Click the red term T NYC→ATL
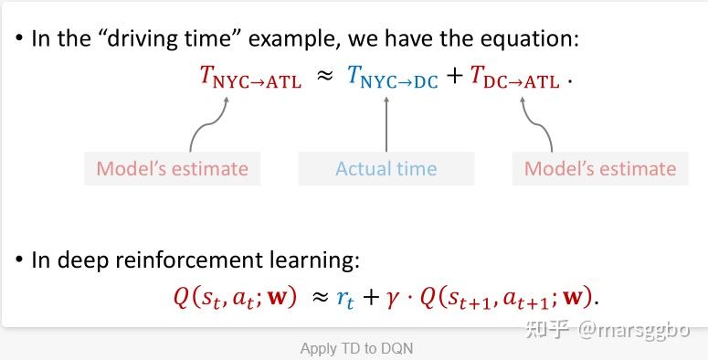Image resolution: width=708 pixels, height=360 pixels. [x=250, y=77]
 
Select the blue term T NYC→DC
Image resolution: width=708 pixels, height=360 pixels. [x=393, y=77]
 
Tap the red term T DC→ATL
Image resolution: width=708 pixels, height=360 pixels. [x=514, y=77]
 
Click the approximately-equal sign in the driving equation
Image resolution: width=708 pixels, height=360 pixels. [x=324, y=77]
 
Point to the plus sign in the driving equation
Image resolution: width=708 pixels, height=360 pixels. [x=455, y=77]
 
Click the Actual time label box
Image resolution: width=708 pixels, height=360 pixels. [x=386, y=168]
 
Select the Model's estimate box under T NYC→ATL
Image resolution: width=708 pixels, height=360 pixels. [x=172, y=168]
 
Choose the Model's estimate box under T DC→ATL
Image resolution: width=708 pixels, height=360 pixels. [x=600, y=168]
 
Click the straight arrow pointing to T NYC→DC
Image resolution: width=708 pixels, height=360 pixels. [x=386, y=123]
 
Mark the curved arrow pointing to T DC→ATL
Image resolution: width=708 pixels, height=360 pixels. [x=540, y=124]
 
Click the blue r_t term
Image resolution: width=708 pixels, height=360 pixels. [x=345, y=300]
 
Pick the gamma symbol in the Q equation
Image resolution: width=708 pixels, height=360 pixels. [x=392, y=300]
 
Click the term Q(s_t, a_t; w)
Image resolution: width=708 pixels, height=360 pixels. [x=236, y=298]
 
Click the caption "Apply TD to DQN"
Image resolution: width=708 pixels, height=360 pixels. [x=356, y=348]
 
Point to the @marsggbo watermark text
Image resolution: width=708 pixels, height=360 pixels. [x=633, y=331]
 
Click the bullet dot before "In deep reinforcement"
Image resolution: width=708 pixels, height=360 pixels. [x=18, y=259]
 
